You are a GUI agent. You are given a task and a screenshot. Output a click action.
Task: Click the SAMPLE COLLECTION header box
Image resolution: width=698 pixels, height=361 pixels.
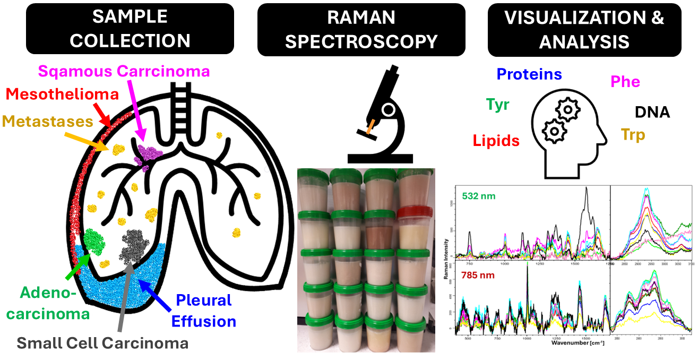[x=130, y=29]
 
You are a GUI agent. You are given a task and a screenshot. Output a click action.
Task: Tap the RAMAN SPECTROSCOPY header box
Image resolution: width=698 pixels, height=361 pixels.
[x=361, y=29]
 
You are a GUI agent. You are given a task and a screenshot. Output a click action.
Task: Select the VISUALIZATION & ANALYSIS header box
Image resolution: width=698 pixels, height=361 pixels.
[x=584, y=29]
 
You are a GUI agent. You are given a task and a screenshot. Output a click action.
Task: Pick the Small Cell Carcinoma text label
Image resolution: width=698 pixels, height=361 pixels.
[x=102, y=343]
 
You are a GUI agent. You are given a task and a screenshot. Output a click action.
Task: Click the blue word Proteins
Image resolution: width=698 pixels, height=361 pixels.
[x=529, y=74]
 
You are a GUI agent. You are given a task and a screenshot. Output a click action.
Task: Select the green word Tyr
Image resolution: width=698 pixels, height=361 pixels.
[x=497, y=105]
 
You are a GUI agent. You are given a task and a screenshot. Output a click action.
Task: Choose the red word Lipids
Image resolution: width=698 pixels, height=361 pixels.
[x=496, y=140]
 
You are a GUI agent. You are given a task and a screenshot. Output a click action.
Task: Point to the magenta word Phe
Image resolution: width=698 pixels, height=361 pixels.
[x=625, y=82]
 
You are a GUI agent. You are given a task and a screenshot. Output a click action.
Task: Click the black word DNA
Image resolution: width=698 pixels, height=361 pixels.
[x=652, y=112]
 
